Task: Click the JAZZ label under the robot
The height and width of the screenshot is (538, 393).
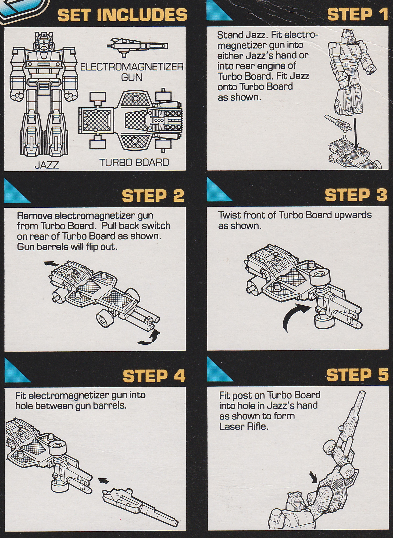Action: coord(47,164)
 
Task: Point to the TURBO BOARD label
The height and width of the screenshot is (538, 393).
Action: coord(134,162)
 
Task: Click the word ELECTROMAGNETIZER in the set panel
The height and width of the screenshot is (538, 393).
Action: coord(132,67)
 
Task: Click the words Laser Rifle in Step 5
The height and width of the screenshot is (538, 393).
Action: coord(244,426)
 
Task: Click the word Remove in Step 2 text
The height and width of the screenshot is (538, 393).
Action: coord(34,215)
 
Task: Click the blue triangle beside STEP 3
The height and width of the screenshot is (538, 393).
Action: coord(218,193)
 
